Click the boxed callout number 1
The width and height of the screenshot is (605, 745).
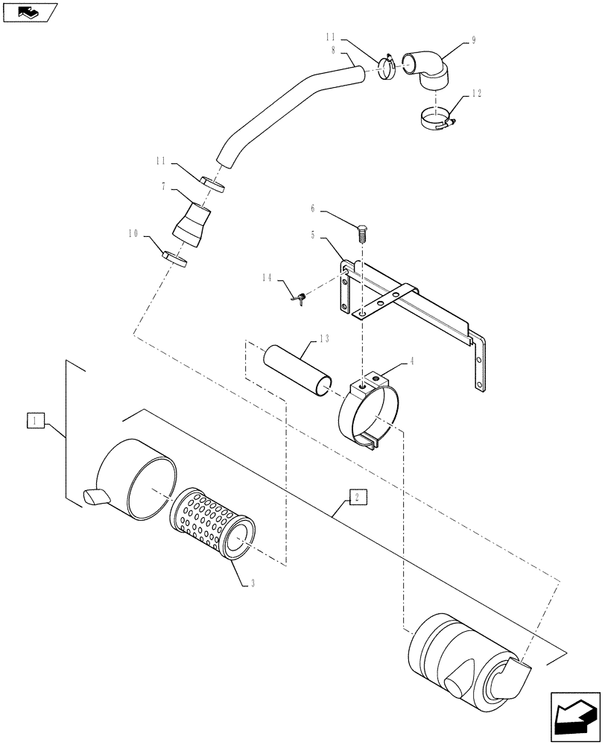pyautogui.click(x=34, y=422)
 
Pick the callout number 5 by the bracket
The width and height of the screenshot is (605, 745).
pyautogui.click(x=313, y=235)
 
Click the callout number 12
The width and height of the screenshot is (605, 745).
pyautogui.click(x=477, y=95)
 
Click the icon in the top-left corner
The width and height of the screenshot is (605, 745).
pyautogui.click(x=30, y=12)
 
